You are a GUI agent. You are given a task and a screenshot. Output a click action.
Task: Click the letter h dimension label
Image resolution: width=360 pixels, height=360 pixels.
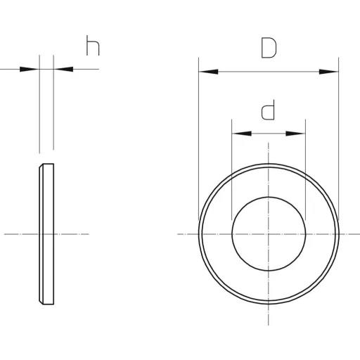click(93, 46)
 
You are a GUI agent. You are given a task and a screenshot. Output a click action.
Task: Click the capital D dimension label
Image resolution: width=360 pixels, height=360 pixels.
click(269, 48)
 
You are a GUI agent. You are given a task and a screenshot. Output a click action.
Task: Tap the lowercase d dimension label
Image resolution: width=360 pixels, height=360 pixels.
click(268, 110)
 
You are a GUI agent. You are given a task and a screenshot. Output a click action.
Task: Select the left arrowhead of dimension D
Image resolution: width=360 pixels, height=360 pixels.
click(208, 72)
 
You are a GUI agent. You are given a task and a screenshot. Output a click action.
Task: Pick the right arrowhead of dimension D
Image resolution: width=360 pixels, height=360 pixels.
click(329, 72)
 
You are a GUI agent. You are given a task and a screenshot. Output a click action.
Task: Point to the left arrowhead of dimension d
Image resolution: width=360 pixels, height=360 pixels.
click(242, 134)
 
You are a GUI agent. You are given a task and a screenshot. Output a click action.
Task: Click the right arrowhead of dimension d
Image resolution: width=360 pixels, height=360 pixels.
click(295, 134)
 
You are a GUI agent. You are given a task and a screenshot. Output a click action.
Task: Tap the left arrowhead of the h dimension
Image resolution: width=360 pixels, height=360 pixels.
click(30, 69)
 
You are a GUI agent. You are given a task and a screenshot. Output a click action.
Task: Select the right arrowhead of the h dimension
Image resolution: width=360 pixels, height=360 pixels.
click(63, 69)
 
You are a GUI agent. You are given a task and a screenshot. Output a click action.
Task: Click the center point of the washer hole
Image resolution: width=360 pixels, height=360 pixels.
click(269, 234)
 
